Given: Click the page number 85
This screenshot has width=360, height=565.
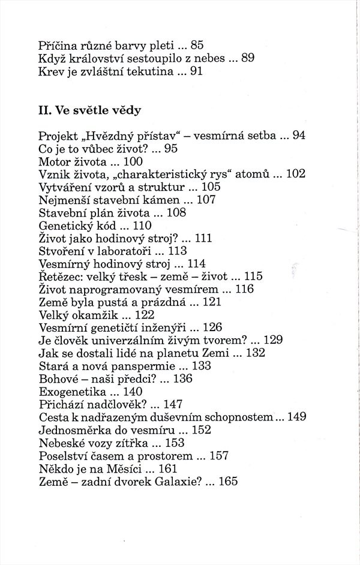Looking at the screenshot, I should click(197, 44).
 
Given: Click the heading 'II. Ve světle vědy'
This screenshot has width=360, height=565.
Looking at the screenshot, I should click(90, 110).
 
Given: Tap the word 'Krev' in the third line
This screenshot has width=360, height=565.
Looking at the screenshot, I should click(50, 71).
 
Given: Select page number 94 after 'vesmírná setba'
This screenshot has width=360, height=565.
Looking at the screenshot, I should click(299, 136).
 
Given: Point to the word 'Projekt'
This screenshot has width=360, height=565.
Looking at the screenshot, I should click(57, 136).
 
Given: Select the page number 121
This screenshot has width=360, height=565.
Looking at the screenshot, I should click(212, 302).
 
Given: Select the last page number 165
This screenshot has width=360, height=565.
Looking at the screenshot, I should click(229, 480).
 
